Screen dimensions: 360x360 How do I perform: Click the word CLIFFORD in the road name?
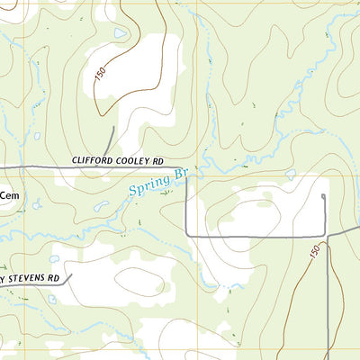click(x=94, y=161)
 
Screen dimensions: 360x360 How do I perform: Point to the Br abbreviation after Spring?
click(x=180, y=172)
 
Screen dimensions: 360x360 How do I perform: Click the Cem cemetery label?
click(x=9, y=193)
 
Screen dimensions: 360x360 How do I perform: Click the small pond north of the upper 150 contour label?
click(x=121, y=34)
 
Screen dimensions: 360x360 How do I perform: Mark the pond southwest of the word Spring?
click(x=100, y=207)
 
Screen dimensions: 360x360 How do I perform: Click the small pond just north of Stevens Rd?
click(x=54, y=259)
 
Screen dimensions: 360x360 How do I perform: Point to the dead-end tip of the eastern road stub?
click(x=323, y=193)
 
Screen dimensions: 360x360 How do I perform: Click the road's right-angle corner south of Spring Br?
click(x=187, y=235)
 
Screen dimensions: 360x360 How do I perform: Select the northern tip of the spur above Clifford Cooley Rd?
click(x=112, y=128)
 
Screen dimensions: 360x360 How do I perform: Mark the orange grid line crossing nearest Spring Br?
click(x=197, y=175)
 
